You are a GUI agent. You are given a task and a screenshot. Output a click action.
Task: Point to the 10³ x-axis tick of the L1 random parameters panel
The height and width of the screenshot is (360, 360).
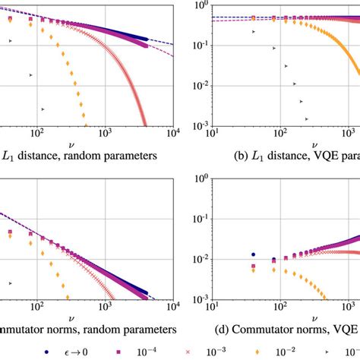pyautogui.click(x=106, y=134)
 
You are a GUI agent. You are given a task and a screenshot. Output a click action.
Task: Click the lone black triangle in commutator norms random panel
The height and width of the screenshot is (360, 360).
pyautogui.click(x=10, y=283)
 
